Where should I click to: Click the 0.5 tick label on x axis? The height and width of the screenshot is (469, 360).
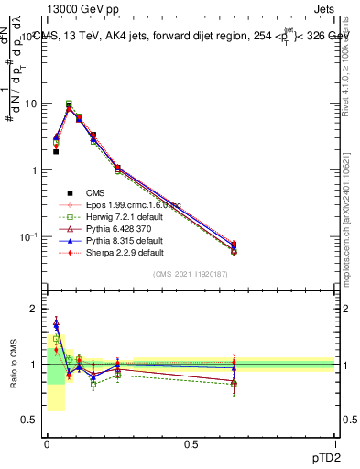point(191,443)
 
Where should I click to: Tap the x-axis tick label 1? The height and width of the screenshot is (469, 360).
point(335,443)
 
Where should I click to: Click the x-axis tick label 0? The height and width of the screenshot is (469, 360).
point(47,443)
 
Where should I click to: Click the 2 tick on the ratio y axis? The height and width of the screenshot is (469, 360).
point(34,309)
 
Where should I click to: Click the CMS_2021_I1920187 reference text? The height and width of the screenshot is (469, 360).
point(191,274)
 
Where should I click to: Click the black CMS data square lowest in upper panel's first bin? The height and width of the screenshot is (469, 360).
point(56,152)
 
